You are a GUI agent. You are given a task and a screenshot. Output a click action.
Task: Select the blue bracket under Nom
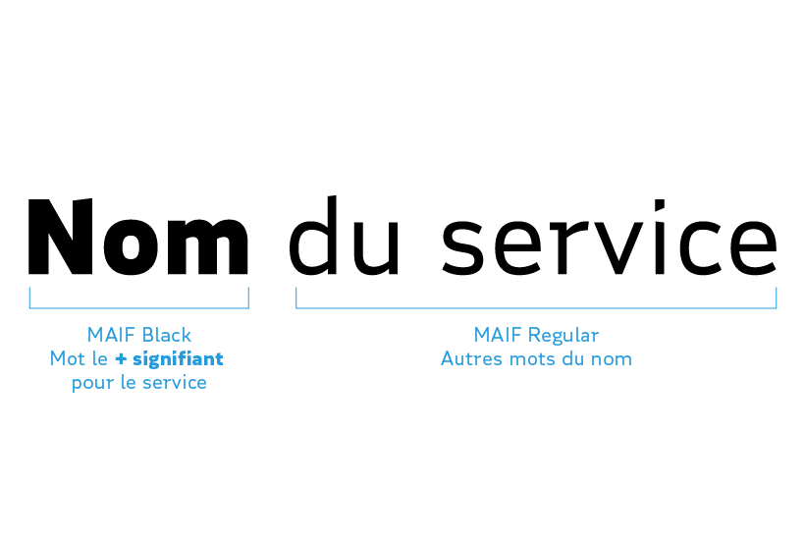(138, 306)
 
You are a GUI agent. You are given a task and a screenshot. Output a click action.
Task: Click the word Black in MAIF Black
(167, 336)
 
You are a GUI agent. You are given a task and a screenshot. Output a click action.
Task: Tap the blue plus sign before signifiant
(120, 359)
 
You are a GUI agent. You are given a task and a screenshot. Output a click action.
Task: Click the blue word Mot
(68, 359)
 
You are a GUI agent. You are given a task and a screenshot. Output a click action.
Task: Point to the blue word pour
(91, 384)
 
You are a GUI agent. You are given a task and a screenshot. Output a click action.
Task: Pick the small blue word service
(175, 383)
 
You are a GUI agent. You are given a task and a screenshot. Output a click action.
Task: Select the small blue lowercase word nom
(612, 360)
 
